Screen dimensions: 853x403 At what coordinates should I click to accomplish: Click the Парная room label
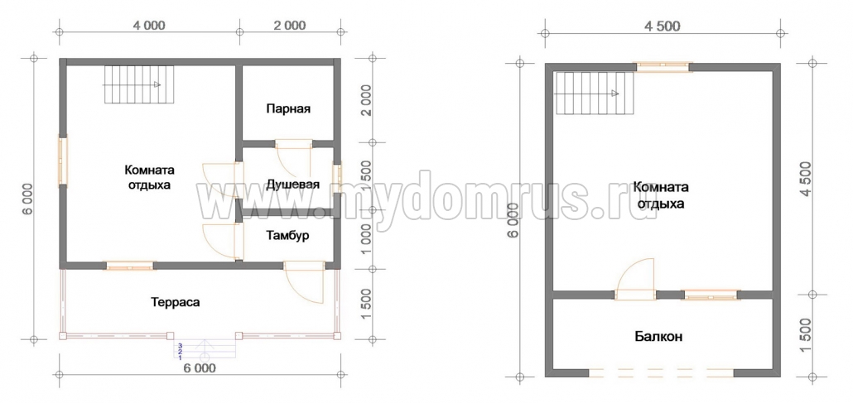[x=288, y=108]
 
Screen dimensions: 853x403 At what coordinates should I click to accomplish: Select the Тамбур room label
[x=287, y=236]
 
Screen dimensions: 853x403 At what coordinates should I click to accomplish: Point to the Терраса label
[x=176, y=302]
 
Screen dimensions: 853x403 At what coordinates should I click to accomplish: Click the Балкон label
[x=658, y=336]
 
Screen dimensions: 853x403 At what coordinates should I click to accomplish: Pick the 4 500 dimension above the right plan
[x=662, y=26]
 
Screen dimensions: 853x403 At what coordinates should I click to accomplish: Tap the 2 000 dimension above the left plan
[x=288, y=26]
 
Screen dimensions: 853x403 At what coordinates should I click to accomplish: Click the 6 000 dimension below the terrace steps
[x=199, y=368]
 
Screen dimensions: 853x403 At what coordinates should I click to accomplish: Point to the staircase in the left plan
[x=139, y=84]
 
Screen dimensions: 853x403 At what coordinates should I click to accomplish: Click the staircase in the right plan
[x=595, y=94]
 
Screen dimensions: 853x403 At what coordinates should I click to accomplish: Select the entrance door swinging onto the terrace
[x=304, y=281]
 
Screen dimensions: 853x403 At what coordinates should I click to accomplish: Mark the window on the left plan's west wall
[x=63, y=161]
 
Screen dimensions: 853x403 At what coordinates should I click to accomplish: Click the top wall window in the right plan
[x=664, y=67]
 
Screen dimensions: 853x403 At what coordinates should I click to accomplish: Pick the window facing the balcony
[x=711, y=295]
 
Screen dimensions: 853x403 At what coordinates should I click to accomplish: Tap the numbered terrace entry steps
[x=205, y=351]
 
